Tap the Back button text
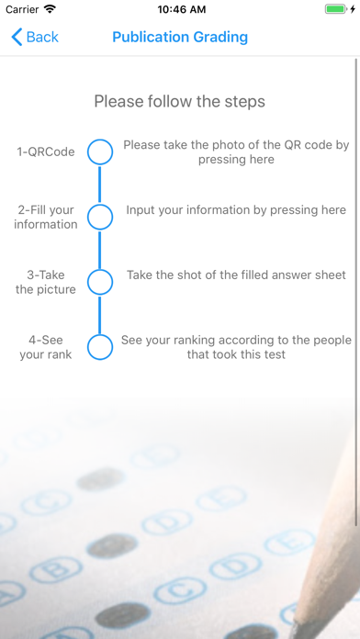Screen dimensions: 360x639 [x=42, y=37]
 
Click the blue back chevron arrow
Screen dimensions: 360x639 [x=17, y=37]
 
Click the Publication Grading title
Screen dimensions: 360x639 [x=180, y=37]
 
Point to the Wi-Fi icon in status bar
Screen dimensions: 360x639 [x=51, y=9]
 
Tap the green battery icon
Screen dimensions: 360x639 [x=336, y=9]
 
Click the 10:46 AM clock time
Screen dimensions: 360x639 [x=182, y=9]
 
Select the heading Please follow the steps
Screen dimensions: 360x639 [x=180, y=101]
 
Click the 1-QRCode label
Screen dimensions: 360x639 [x=46, y=152]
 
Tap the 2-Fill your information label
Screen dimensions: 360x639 [x=46, y=217]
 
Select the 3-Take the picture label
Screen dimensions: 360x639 [x=46, y=282]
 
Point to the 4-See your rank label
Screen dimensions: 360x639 [x=46, y=347]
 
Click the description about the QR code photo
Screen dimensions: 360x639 [x=236, y=152]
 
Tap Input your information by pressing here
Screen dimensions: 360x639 [x=236, y=210]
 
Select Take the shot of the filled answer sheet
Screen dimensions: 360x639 [x=236, y=275]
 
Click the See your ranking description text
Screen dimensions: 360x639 [x=236, y=347]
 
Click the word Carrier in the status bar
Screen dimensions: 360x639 [x=22, y=9]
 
